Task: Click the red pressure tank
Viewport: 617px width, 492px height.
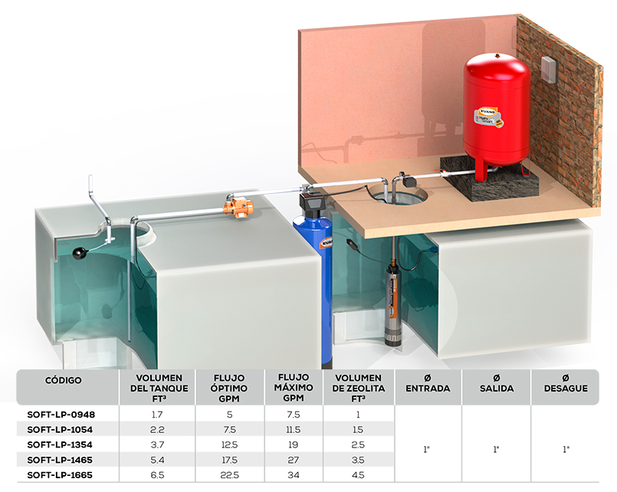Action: pyautogui.click(x=496, y=114)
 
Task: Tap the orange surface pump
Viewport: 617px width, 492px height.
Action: pyautogui.click(x=238, y=207)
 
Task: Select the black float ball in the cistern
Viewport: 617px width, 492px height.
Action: pyautogui.click(x=80, y=253)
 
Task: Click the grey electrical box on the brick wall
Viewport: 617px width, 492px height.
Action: pyautogui.click(x=548, y=70)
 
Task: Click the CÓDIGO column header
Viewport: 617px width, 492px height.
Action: pyautogui.click(x=64, y=380)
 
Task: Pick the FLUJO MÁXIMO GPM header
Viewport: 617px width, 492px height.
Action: pyautogui.click(x=294, y=388)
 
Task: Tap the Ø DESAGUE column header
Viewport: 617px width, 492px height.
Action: pyautogui.click(x=566, y=383)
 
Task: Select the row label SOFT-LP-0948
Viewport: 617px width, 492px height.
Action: pyautogui.click(x=61, y=415)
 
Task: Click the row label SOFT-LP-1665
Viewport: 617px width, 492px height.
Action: pyautogui.click(x=60, y=475)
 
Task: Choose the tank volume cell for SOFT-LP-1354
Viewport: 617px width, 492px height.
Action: pyautogui.click(x=157, y=444)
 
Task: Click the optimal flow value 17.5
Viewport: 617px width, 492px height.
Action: pyautogui.click(x=229, y=460)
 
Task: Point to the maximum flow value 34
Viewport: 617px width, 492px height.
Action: pyautogui.click(x=294, y=475)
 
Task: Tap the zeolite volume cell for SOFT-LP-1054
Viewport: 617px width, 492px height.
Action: pyautogui.click(x=358, y=430)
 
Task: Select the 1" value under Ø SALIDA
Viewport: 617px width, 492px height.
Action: pyautogui.click(x=496, y=449)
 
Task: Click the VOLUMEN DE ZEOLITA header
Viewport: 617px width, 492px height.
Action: pyautogui.click(x=359, y=389)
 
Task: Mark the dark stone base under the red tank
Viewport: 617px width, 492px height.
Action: pyautogui.click(x=489, y=179)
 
